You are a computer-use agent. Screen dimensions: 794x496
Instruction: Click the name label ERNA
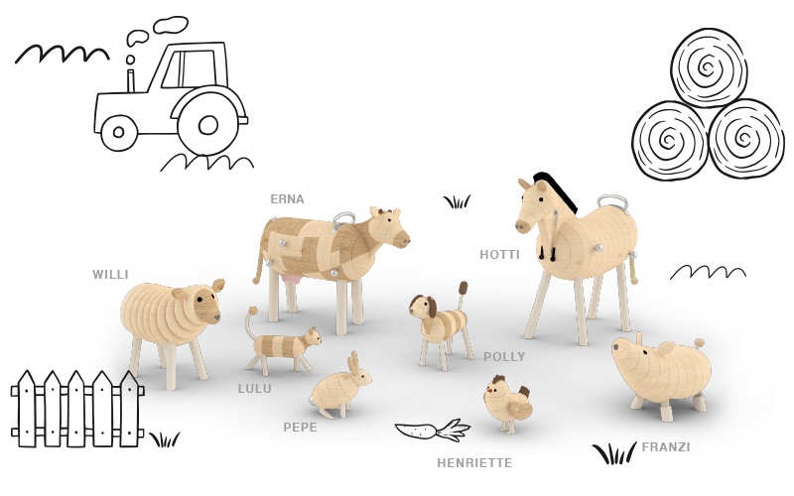tap(287, 199)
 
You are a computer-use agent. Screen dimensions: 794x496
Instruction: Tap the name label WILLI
tap(110, 275)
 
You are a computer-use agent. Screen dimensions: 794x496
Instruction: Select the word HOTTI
tap(500, 255)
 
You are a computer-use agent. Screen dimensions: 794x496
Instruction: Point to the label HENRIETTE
tap(474, 462)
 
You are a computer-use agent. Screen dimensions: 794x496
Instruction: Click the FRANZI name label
tap(666, 447)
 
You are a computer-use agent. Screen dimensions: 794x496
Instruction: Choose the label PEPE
tap(301, 428)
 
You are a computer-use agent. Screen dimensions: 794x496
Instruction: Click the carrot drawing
tap(433, 431)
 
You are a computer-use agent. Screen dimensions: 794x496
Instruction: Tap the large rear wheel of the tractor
tap(207, 125)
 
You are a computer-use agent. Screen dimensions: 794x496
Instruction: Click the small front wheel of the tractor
tap(118, 132)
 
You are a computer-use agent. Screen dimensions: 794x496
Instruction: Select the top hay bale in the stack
tap(709, 67)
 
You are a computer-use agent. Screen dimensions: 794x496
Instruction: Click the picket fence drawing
tap(77, 409)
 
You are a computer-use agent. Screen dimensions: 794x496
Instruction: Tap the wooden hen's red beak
tap(489, 390)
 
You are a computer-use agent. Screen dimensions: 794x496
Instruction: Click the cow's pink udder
tap(294, 280)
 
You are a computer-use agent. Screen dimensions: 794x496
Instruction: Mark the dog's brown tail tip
tap(463, 288)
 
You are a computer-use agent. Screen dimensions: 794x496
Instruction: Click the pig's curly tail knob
tap(699, 343)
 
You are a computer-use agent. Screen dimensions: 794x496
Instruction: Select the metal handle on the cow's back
tap(345, 217)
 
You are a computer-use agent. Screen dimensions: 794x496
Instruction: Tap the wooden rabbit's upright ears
tap(353, 361)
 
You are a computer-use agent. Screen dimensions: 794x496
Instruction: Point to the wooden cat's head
tap(312, 336)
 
